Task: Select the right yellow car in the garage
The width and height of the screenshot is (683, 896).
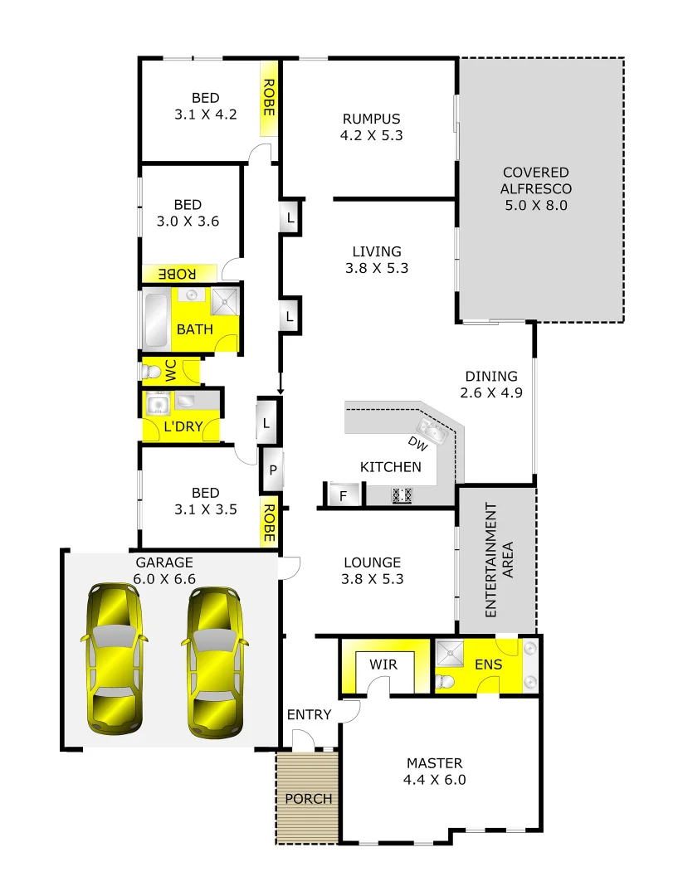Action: (214, 662)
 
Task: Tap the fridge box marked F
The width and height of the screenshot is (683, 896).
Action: (343, 496)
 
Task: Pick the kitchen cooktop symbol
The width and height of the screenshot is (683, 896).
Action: (402, 495)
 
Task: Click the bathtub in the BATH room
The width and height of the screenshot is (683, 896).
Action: (155, 319)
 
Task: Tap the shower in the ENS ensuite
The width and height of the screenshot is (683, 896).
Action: (455, 653)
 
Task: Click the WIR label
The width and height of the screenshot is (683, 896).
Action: (383, 665)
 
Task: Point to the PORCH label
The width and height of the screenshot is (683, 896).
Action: (308, 799)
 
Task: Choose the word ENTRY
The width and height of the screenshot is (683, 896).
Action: (309, 714)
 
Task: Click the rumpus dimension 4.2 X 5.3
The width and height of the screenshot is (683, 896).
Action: (371, 135)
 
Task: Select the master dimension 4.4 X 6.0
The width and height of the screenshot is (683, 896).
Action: (435, 780)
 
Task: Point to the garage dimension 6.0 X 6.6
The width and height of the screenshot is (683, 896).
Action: (164, 578)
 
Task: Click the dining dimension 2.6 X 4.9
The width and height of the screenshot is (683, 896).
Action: (490, 393)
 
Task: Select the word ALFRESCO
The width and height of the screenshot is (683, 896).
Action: (535, 188)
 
